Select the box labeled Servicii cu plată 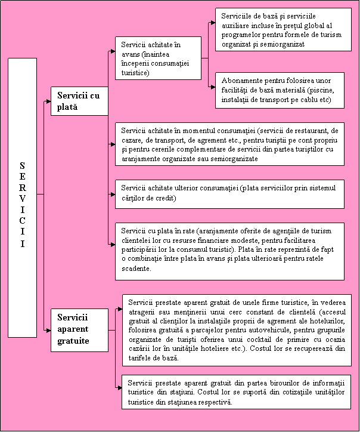click(79, 100)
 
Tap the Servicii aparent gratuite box click(79, 329)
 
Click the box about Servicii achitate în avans click(157, 58)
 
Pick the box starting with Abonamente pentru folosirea click(280, 90)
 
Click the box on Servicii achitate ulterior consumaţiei click(229, 193)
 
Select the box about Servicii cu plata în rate click(229, 249)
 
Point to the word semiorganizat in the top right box click(281, 44)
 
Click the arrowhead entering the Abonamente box click(212, 87)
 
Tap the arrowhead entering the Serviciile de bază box click(212, 23)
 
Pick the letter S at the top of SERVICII click(22, 165)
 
